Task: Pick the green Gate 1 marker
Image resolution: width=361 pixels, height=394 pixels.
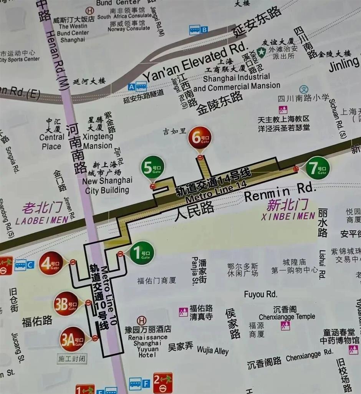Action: point(142,253)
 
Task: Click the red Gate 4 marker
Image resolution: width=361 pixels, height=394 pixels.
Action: point(51,263)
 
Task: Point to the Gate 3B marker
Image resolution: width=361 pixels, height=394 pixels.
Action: point(66,303)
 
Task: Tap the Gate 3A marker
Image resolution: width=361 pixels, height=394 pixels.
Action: point(72,339)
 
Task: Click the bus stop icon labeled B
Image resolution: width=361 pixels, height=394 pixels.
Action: point(198,30)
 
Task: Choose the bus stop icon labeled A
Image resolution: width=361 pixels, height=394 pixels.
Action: point(137,87)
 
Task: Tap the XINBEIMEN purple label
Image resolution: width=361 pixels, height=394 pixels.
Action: point(288,216)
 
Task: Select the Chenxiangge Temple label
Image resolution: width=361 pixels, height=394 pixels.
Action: point(287,317)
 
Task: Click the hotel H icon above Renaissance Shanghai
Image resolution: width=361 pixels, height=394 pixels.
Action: point(142,320)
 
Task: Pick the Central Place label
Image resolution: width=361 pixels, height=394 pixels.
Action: point(51,142)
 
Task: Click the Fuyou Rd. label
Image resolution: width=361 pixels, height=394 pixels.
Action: point(260,294)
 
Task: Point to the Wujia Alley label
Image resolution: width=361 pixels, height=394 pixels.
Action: point(213,350)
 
